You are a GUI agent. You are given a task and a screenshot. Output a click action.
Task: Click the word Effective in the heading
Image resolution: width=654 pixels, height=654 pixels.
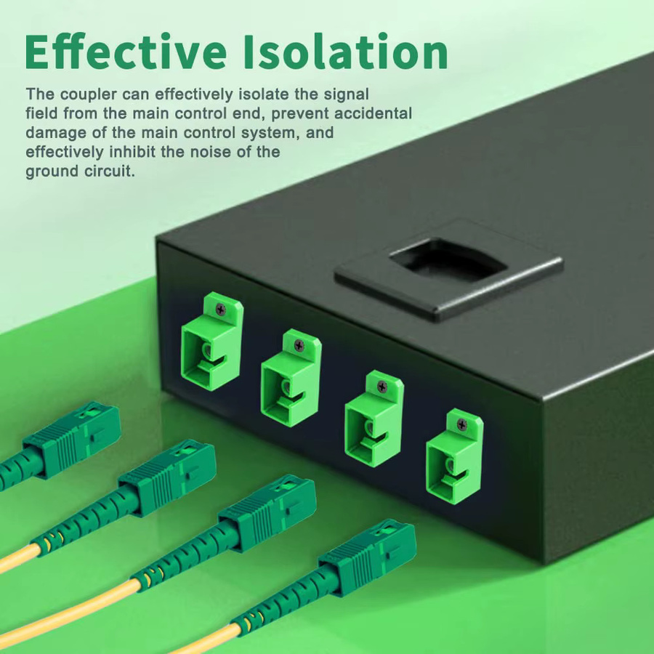(126, 52)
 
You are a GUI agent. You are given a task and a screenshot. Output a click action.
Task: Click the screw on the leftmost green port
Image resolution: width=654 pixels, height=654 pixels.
(220, 309)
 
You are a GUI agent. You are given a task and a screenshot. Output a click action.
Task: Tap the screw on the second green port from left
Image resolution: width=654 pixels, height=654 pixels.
(299, 345)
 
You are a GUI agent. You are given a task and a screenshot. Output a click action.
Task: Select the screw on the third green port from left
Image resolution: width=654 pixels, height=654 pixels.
(382, 387)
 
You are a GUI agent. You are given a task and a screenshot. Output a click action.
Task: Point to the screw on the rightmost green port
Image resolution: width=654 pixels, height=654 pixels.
(461, 424)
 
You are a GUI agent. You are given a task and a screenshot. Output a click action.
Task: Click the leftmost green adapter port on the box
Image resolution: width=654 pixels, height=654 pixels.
(212, 342)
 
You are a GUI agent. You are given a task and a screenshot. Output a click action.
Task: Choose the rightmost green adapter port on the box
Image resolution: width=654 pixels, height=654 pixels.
(455, 457)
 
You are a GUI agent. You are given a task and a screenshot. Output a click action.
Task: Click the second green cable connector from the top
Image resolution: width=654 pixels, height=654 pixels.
(167, 477)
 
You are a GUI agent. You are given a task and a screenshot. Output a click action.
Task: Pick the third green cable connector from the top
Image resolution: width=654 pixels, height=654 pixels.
(267, 512)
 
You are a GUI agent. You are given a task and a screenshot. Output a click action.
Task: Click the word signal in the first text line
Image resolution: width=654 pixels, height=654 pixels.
(347, 94)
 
